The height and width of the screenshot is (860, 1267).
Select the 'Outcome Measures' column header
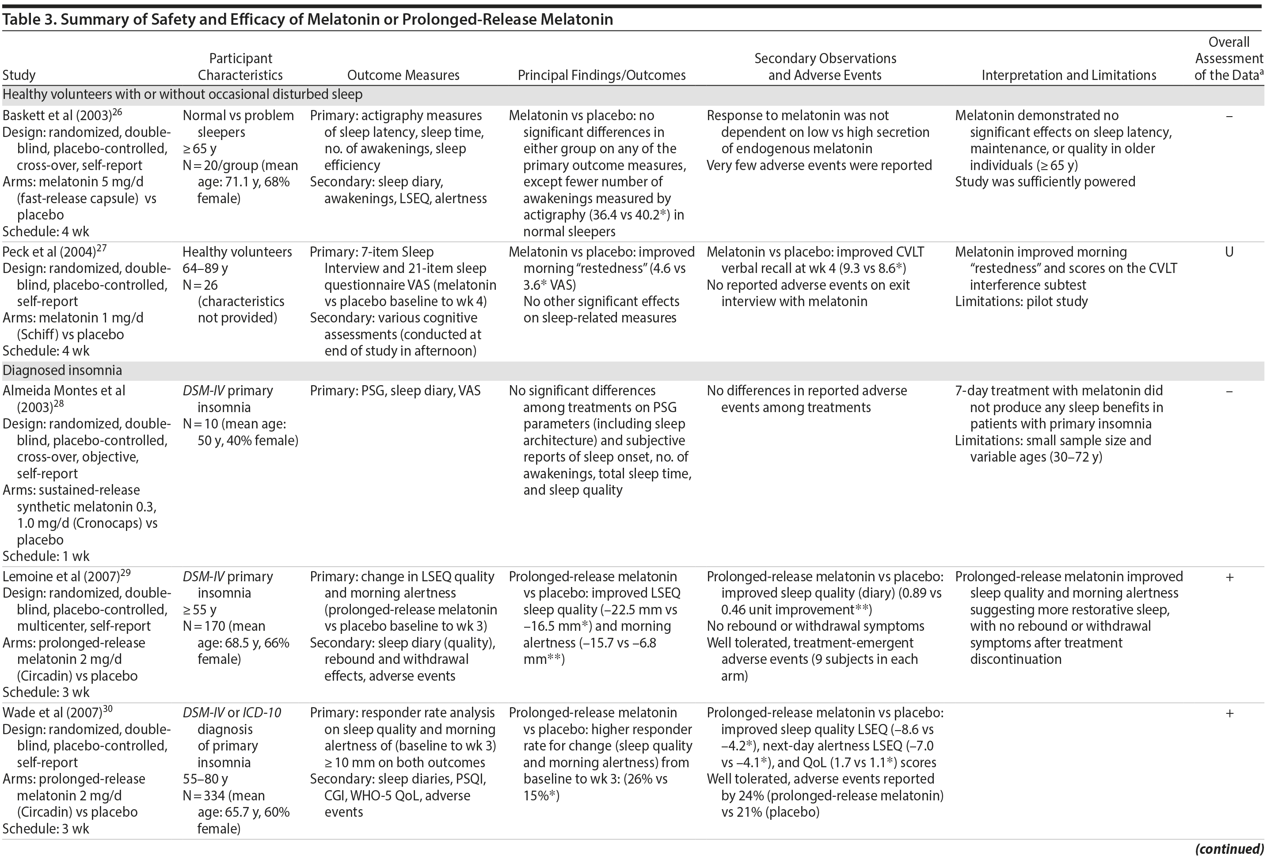tap(403, 75)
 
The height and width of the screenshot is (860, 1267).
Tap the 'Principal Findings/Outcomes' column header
tap(601, 75)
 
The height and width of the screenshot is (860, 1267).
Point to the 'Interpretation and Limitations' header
tap(1069, 75)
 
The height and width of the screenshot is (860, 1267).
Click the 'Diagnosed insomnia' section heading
tap(62, 371)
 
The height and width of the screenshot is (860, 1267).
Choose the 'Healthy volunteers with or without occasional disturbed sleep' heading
tap(182, 94)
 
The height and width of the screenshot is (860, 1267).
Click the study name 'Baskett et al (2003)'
tap(57, 116)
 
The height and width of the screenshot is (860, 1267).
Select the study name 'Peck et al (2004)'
tap(49, 252)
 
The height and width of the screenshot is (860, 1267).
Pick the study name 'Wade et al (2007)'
tap(52, 713)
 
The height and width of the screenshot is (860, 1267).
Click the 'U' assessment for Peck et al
tap(1229, 252)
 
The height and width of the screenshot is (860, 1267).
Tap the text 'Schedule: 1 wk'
tap(46, 557)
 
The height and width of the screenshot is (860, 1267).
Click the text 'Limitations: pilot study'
tap(1021, 301)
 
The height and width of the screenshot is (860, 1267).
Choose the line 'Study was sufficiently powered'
tap(1045, 182)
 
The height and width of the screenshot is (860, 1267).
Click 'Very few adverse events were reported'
tap(819, 165)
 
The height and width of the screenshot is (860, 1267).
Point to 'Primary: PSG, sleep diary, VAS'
tap(395, 391)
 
